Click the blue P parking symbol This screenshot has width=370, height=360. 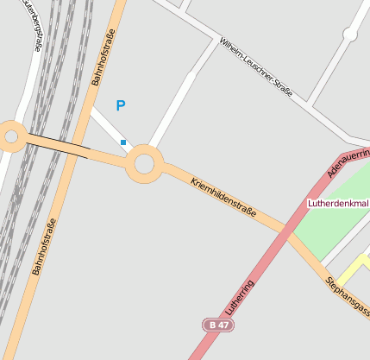[x=121, y=105]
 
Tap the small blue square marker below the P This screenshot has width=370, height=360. [x=123, y=142]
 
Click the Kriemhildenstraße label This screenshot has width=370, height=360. [x=223, y=198]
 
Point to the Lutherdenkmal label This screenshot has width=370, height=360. [x=338, y=204]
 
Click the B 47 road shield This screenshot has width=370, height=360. [x=219, y=325]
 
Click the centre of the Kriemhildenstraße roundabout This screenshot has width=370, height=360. [x=144, y=163]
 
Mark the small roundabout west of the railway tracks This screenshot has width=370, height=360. [x=11, y=136]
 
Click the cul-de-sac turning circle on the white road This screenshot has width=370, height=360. [x=349, y=35]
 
